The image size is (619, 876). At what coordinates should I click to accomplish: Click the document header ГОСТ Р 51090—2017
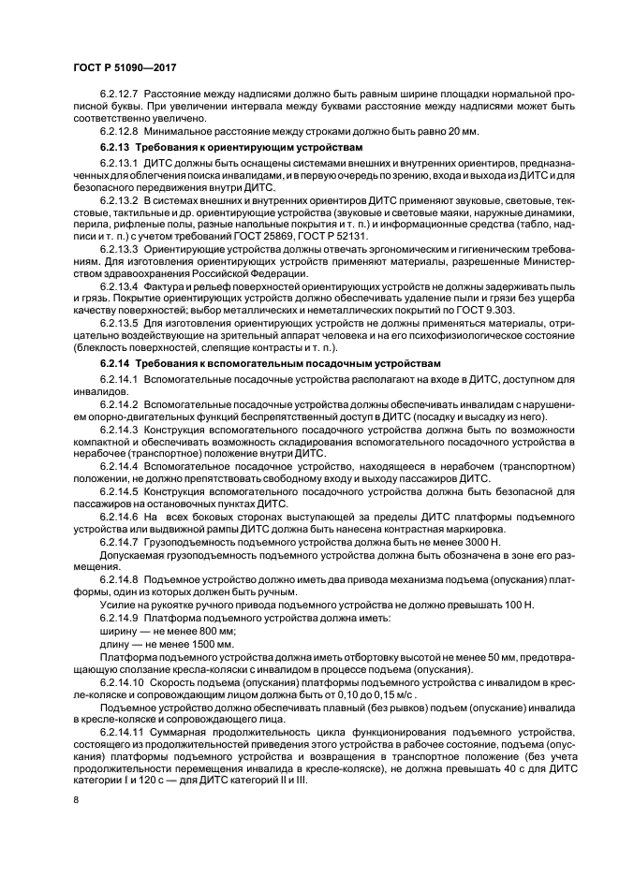coord(125,69)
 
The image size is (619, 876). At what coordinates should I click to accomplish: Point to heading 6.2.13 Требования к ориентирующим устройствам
coord(224,149)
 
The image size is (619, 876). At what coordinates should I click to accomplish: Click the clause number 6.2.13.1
coord(118,164)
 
